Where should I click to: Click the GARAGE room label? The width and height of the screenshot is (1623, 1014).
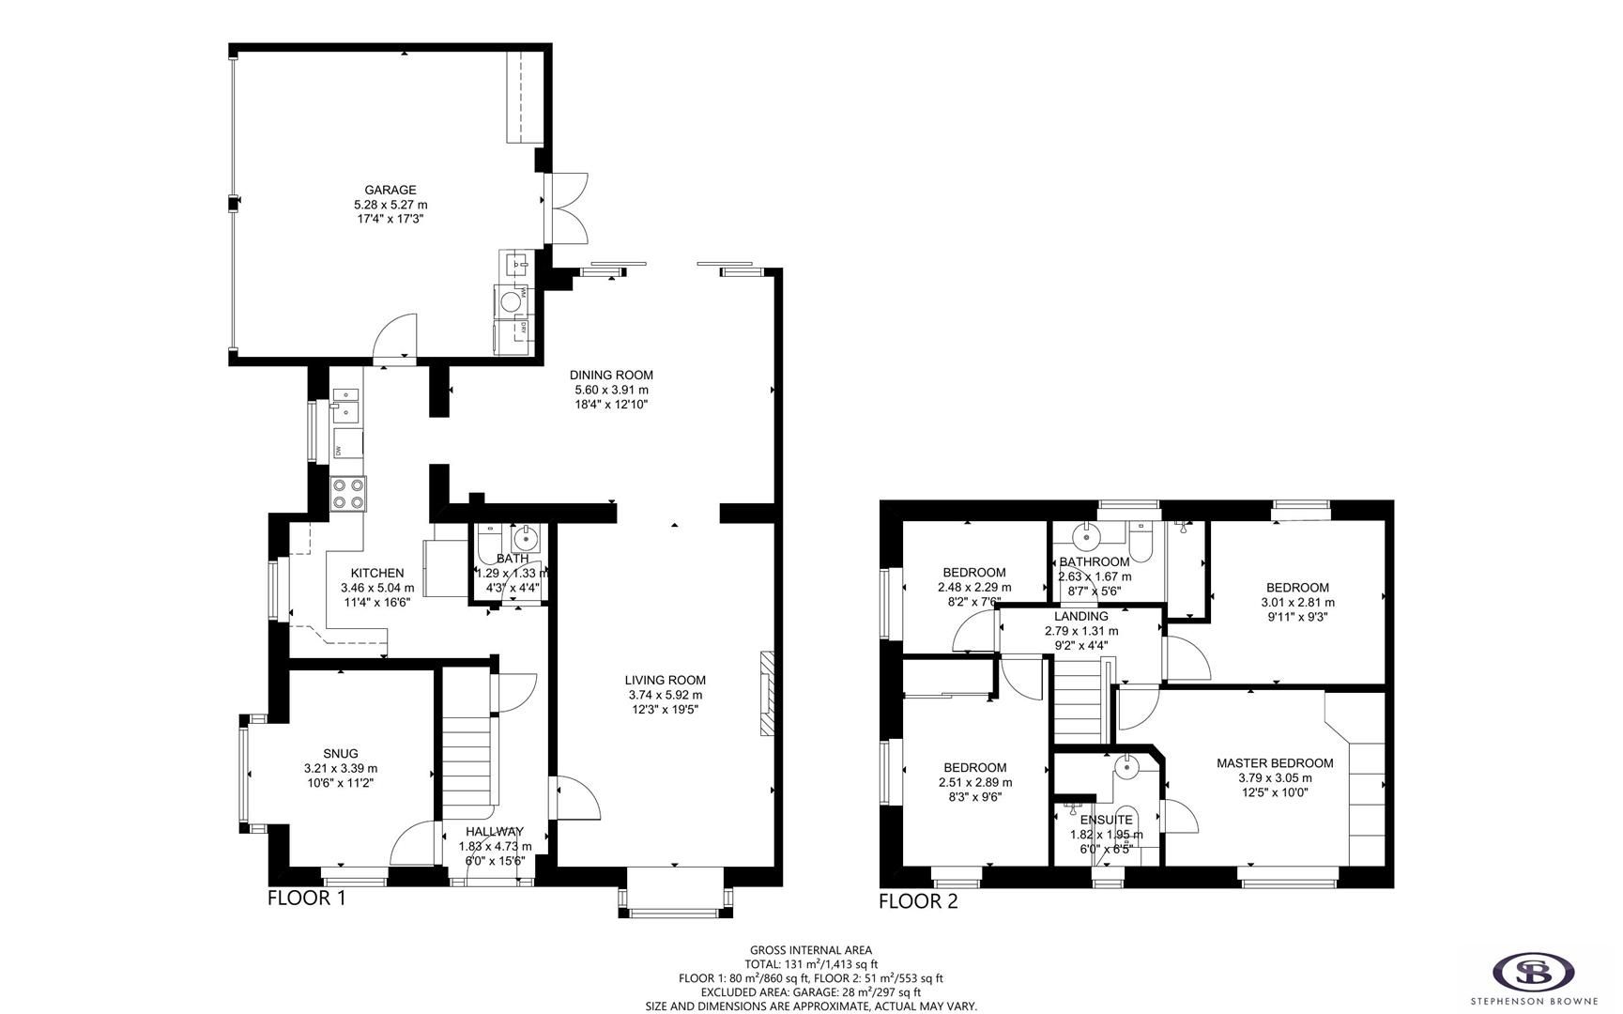[x=390, y=190]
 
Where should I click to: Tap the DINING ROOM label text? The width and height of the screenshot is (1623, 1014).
[x=611, y=375]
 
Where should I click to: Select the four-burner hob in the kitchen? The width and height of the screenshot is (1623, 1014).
[x=348, y=493]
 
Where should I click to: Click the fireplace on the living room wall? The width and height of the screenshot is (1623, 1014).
[x=766, y=692]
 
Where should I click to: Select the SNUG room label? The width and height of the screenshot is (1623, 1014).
[x=340, y=753]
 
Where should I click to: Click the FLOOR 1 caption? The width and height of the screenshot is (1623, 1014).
[x=307, y=898]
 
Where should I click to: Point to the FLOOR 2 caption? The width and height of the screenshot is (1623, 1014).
[x=918, y=901]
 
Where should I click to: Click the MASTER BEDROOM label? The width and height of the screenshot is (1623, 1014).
[x=1274, y=763]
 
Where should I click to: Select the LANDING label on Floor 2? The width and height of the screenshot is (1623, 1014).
[x=1081, y=616]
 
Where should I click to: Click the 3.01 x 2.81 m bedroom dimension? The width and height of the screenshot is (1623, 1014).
[x=1298, y=603]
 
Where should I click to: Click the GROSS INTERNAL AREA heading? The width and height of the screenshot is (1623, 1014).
[x=810, y=950]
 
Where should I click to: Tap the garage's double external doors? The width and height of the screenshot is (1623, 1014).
[x=567, y=207]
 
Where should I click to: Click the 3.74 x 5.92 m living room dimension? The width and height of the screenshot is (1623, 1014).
[x=665, y=695]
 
